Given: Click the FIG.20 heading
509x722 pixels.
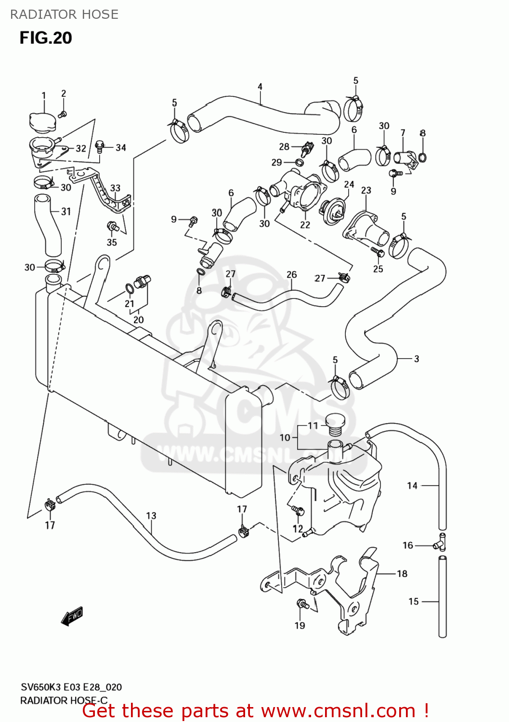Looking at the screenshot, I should pyautogui.click(x=46, y=38).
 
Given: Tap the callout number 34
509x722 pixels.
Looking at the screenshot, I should pyautogui.click(x=120, y=148).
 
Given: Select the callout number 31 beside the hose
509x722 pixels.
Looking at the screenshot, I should pyautogui.click(x=66, y=211).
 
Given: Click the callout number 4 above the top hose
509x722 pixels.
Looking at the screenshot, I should pyautogui.click(x=260, y=87).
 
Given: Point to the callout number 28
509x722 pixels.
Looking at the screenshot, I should pyautogui.click(x=284, y=146).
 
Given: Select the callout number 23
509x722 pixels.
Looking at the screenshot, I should pyautogui.click(x=366, y=190).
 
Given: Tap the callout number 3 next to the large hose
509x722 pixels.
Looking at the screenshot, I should pyautogui.click(x=417, y=359).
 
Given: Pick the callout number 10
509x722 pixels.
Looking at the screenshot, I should pyautogui.click(x=285, y=438).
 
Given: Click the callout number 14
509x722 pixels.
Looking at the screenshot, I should pyautogui.click(x=412, y=486).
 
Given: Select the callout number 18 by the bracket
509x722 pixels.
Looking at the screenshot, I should pyautogui.click(x=402, y=573).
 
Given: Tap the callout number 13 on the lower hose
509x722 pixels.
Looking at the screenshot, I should pyautogui.click(x=151, y=516).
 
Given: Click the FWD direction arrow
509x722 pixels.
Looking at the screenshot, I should pyautogui.click(x=72, y=616).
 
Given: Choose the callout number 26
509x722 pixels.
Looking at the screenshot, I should pyautogui.click(x=292, y=274).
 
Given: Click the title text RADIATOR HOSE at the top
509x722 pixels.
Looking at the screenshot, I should pyautogui.click(x=64, y=14).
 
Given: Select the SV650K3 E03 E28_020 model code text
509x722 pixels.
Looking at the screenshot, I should pyautogui.click(x=71, y=687).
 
